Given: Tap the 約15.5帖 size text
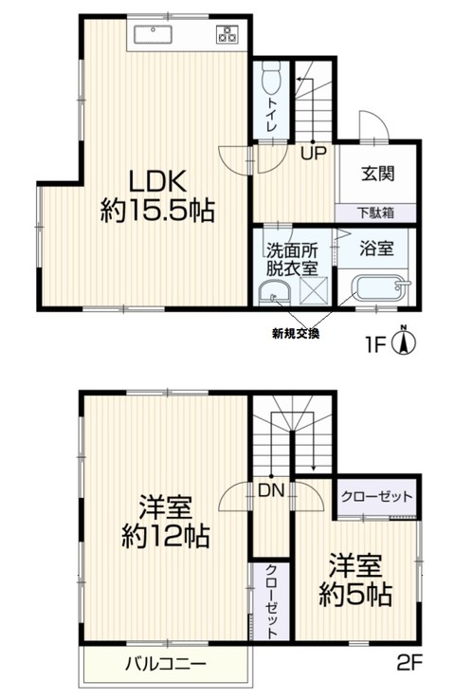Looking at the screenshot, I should [x=156, y=211].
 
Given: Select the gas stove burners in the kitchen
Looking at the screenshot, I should [x=227, y=36].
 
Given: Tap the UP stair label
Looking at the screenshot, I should [x=309, y=151].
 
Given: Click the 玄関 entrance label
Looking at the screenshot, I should [x=377, y=174].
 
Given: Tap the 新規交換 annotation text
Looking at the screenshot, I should [x=296, y=333].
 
